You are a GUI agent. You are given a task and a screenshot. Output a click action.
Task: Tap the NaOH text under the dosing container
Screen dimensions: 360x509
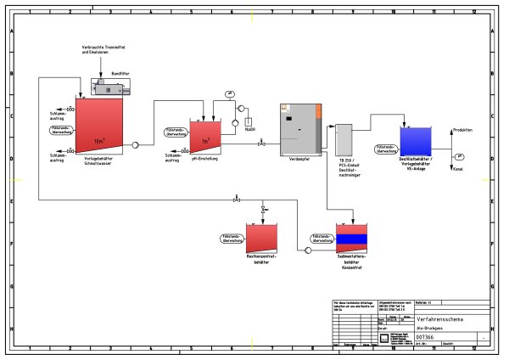(249, 129)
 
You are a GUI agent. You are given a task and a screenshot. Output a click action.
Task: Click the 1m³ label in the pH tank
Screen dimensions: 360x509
(205, 140)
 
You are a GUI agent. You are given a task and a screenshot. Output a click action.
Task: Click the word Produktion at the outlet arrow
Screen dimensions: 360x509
(462, 129)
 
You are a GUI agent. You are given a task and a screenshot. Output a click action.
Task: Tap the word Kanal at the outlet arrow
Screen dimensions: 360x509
(458, 170)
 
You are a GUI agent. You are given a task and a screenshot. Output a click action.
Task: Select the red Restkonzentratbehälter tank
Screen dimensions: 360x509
(261, 238)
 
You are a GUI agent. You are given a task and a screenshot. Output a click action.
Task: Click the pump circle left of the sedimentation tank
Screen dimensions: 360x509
(307, 250)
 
